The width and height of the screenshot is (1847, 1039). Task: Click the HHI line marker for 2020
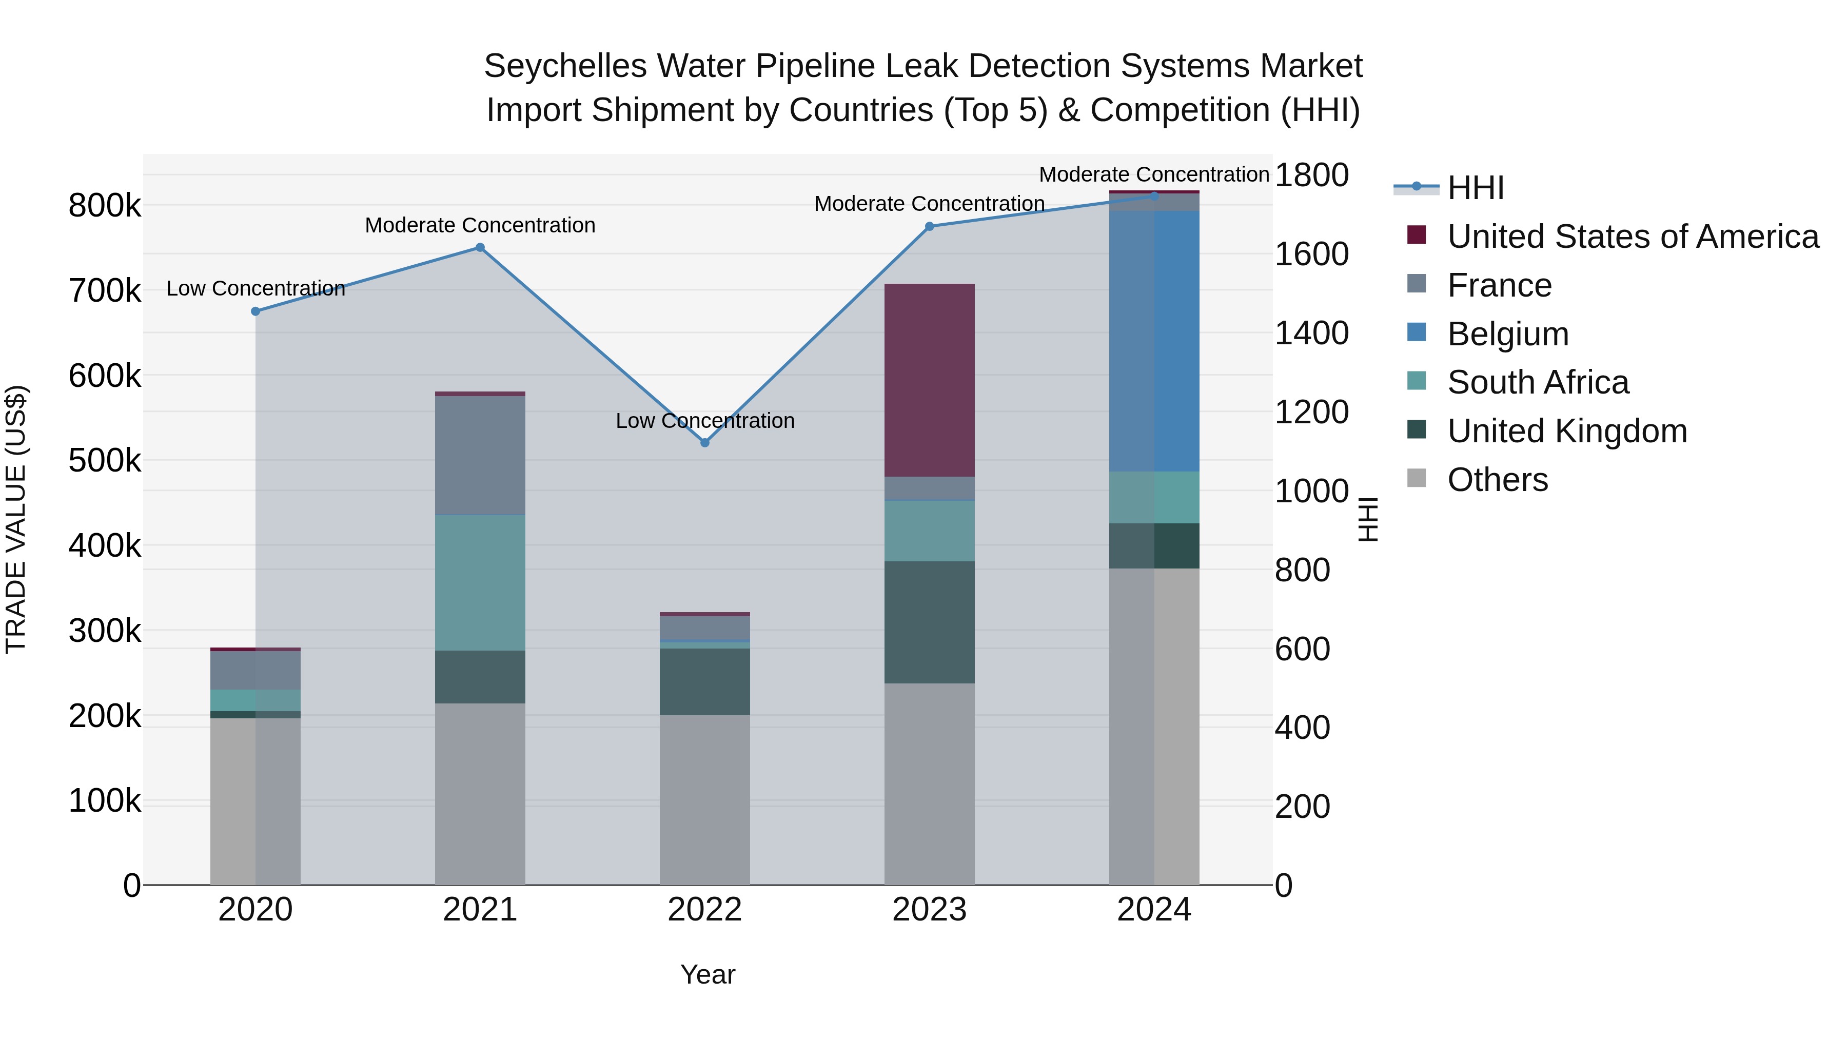click(256, 311)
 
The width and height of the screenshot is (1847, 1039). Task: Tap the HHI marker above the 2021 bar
click(480, 247)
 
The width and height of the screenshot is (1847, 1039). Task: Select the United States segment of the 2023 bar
click(929, 380)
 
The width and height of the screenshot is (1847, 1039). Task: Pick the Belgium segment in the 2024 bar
click(1154, 341)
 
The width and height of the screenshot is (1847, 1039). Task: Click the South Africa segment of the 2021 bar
click(480, 582)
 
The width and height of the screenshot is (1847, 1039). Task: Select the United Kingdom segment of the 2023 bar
click(929, 622)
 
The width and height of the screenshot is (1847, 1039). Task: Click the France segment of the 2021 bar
click(480, 455)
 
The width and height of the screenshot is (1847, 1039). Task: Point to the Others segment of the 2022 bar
click(705, 799)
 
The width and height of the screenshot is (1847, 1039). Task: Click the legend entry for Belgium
click(1507, 334)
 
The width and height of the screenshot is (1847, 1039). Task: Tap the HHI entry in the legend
click(1475, 188)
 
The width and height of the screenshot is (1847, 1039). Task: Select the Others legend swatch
click(1417, 478)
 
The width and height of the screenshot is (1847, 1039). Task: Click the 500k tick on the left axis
click(105, 460)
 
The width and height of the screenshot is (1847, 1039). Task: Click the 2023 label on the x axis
click(929, 910)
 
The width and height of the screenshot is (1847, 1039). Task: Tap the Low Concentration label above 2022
click(705, 421)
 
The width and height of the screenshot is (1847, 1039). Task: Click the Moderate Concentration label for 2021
click(480, 225)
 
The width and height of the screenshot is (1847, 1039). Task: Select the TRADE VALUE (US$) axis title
click(16, 519)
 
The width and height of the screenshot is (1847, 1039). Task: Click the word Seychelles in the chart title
click(565, 66)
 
